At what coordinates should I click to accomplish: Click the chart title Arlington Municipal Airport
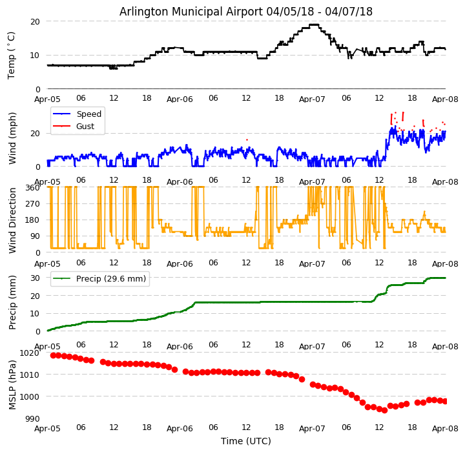click(245, 12)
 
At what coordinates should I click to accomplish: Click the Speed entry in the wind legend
click(88, 114)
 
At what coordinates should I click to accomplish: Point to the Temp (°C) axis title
click(12, 55)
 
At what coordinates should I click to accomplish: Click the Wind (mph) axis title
click(12, 138)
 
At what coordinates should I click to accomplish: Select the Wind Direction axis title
click(12, 220)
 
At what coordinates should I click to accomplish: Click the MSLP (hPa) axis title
click(12, 384)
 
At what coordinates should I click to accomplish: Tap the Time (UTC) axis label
click(246, 441)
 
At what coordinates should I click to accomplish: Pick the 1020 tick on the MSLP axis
click(29, 353)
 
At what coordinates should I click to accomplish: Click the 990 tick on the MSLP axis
click(32, 418)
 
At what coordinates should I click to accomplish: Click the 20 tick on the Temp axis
click(36, 21)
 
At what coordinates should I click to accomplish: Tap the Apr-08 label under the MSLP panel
click(445, 428)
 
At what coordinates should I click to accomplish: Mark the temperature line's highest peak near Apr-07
click(313, 25)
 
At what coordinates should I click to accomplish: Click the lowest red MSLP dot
click(384, 410)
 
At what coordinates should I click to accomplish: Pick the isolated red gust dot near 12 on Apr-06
click(246, 139)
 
